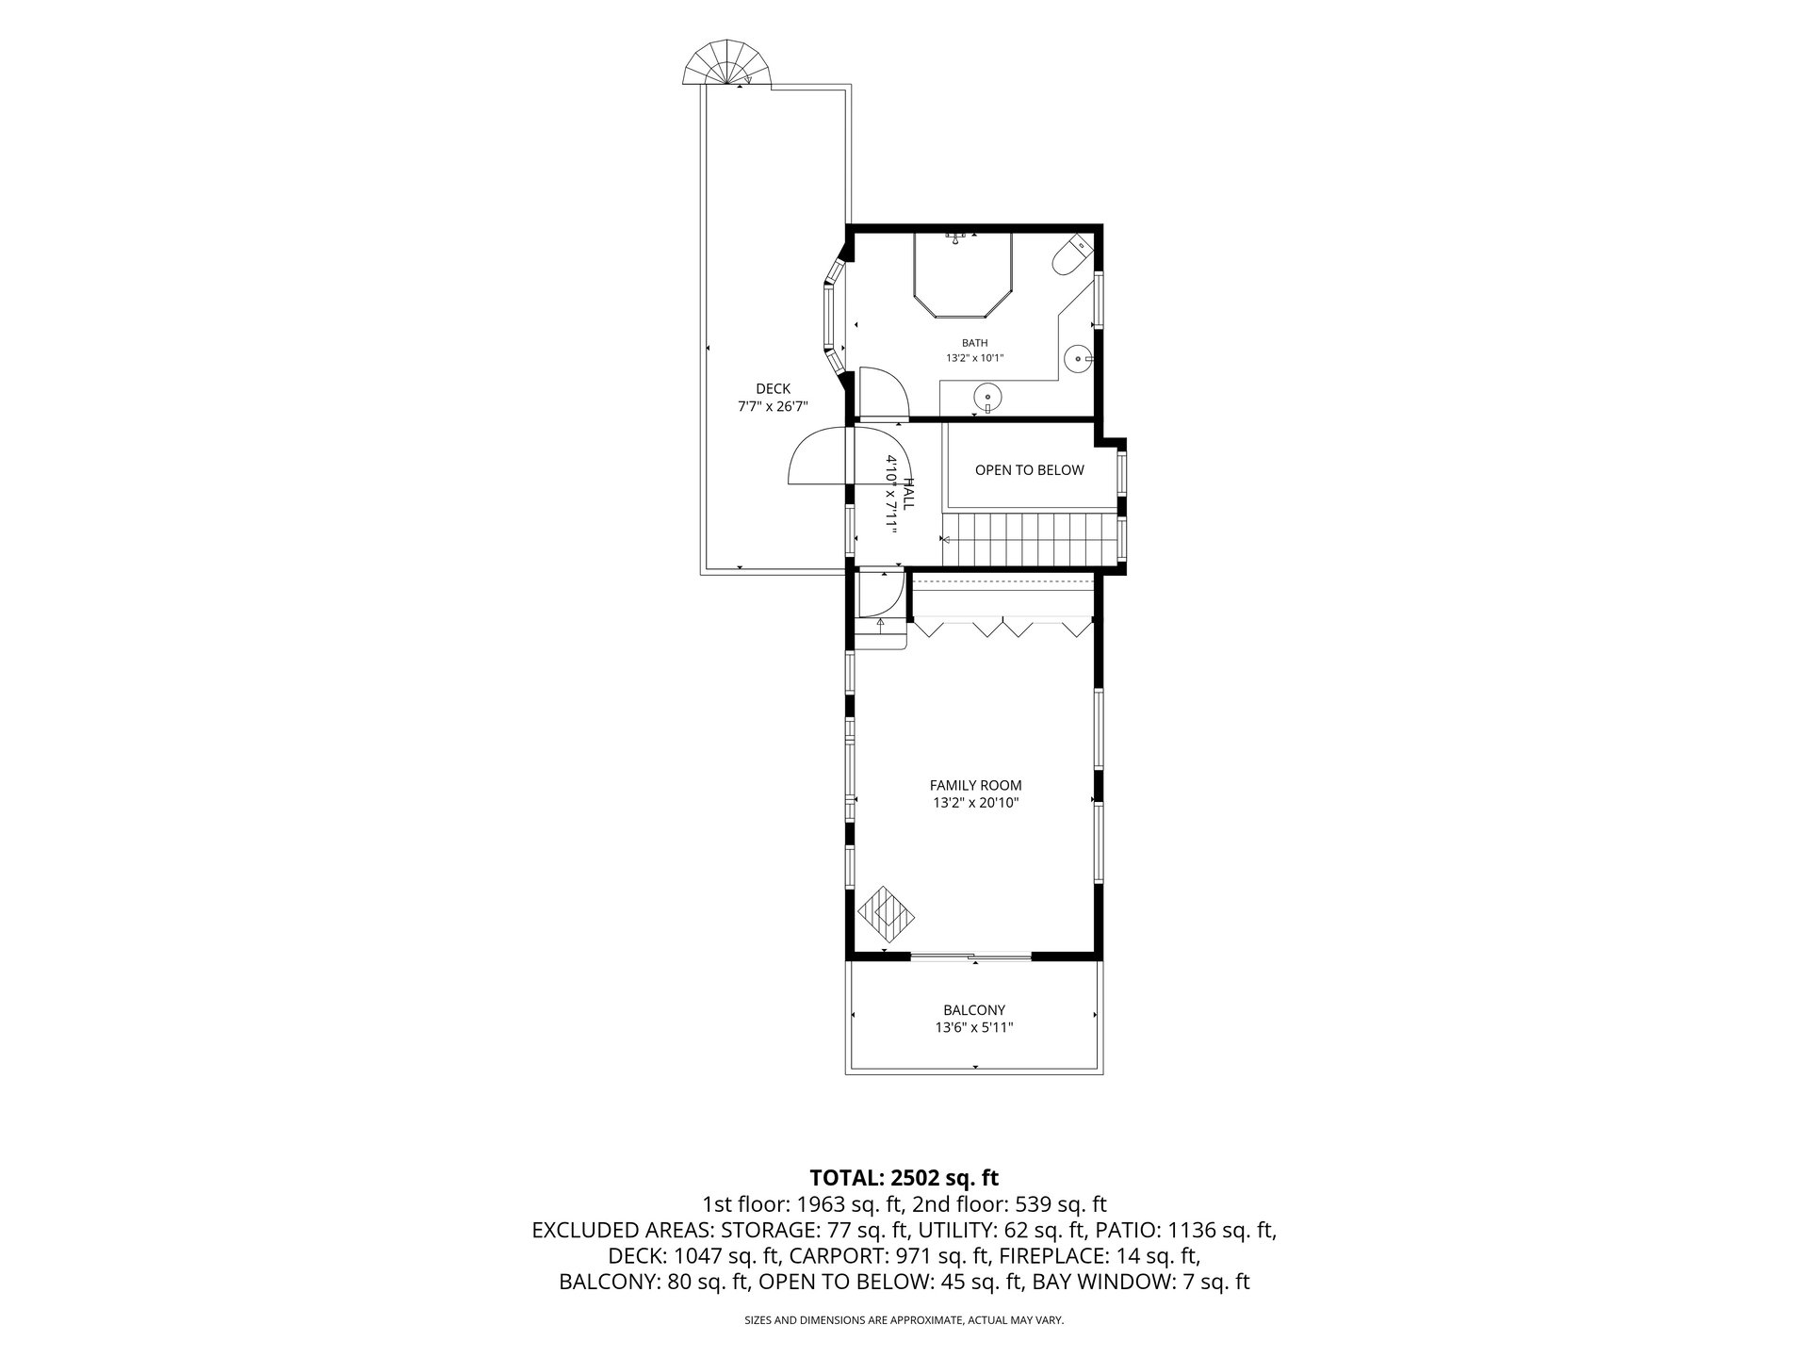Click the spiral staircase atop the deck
(x=726, y=63)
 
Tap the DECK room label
(x=773, y=388)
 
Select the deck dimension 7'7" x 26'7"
(x=773, y=407)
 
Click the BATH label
(x=975, y=343)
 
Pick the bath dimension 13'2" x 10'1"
(x=975, y=358)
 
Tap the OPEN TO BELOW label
(x=1029, y=470)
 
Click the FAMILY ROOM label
(x=975, y=785)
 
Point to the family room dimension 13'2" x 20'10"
(x=975, y=803)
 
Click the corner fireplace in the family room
(x=886, y=912)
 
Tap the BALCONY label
(x=974, y=1010)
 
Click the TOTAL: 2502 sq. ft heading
(x=904, y=1177)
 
